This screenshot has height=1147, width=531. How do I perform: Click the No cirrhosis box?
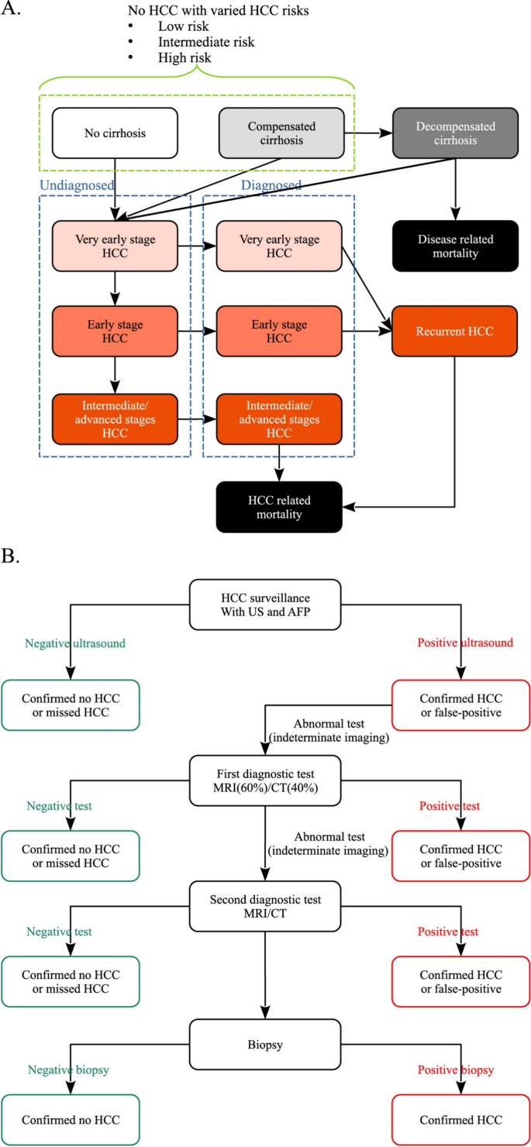tap(115, 133)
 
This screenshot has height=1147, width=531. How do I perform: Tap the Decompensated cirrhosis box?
tap(455, 133)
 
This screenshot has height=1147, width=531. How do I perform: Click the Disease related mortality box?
tap(455, 246)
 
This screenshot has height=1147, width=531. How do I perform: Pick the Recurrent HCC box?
tap(455, 332)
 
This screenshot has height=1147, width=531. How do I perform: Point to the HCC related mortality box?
tap(279, 507)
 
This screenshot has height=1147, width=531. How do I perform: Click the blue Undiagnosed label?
tap(76, 185)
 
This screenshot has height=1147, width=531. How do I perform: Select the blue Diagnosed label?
tap(271, 185)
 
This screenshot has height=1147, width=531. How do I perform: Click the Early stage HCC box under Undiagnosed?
tap(115, 332)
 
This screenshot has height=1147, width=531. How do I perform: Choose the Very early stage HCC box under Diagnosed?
tap(279, 246)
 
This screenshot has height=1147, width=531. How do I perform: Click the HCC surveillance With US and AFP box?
tap(265, 604)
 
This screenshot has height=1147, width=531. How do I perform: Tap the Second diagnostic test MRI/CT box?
tap(265, 907)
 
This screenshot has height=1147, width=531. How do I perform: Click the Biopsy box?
tap(265, 1044)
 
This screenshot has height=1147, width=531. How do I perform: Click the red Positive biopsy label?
tap(456, 1069)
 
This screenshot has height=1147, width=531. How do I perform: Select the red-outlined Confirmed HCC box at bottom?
tap(460, 1120)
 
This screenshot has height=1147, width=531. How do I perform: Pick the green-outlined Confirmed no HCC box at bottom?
tap(71, 1120)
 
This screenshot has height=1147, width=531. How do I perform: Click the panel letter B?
tap(12, 556)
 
